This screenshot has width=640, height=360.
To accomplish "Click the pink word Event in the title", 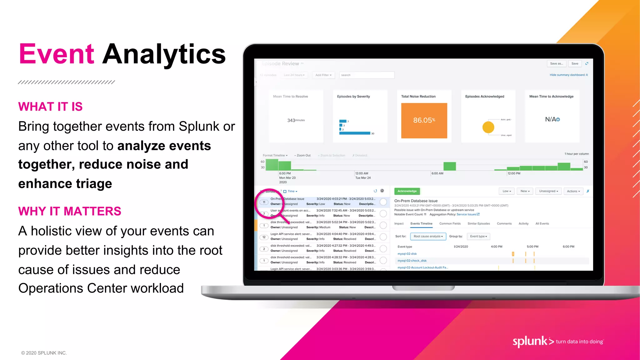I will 57,54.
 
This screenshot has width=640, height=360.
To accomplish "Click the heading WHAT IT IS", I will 50,107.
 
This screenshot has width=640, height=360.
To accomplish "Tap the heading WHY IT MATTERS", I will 69,212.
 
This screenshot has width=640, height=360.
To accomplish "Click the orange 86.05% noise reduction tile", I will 424,121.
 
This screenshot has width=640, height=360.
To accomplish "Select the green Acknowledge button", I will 407,191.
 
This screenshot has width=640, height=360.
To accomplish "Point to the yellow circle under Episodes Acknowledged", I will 488,127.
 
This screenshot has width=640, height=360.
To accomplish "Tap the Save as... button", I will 556,64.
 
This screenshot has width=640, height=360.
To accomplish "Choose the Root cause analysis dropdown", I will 428,237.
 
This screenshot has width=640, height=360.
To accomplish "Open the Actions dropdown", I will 573,191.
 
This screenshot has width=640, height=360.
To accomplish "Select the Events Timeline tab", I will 421,224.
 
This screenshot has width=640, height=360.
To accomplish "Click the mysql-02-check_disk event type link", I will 412,261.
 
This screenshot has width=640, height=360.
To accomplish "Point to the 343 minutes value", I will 296,120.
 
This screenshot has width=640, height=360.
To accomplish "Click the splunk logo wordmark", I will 530,341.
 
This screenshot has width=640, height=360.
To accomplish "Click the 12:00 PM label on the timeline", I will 514,173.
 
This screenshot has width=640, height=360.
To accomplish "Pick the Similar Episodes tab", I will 478,224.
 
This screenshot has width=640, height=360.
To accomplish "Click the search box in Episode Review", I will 367,75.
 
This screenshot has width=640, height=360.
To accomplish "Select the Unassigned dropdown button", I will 548,191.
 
